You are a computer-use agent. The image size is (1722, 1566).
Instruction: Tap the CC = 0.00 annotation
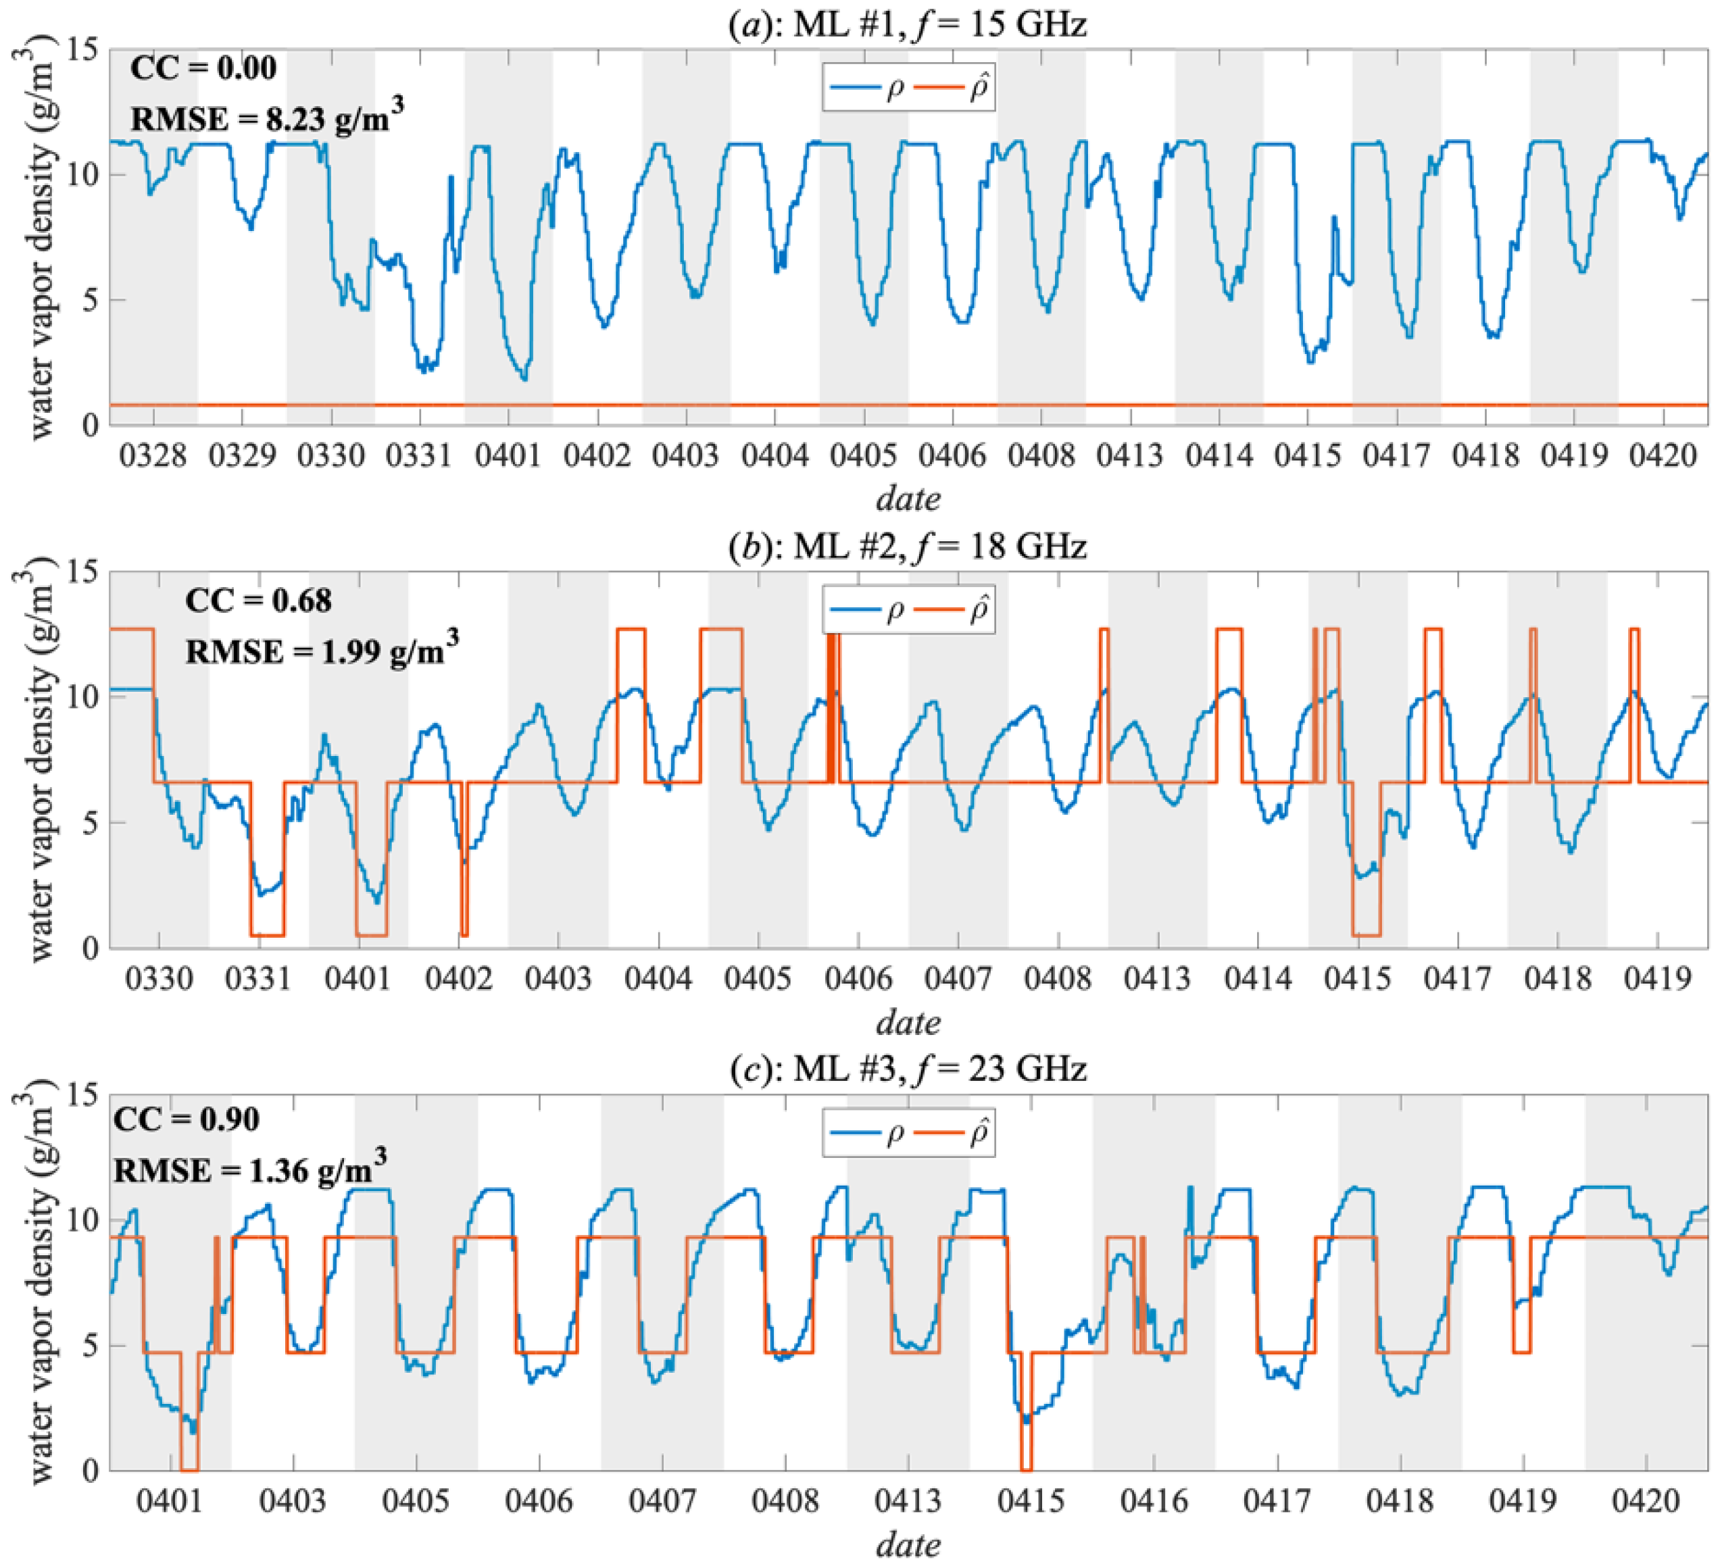[203, 68]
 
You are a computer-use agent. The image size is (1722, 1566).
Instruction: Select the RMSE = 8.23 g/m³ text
[266, 118]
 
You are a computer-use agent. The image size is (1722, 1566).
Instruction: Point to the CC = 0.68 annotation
[258, 601]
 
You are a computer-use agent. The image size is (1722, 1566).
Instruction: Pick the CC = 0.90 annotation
[187, 1119]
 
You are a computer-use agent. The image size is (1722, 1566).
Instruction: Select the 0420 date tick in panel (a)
[1663, 457]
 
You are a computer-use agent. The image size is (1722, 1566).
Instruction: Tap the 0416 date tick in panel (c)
[1154, 1502]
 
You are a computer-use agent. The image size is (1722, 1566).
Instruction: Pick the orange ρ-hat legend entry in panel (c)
[954, 1133]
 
